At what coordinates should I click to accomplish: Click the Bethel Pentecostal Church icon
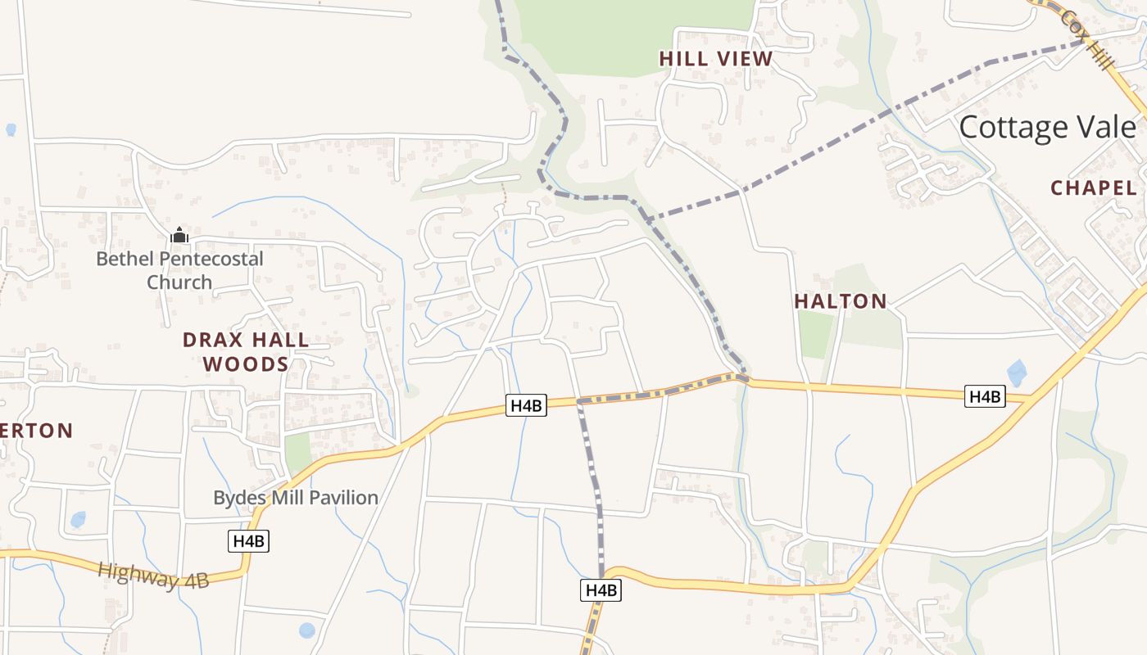pyautogui.click(x=179, y=236)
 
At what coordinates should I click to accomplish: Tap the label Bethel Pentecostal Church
pyautogui.click(x=179, y=270)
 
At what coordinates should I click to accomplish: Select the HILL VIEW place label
pyautogui.click(x=715, y=59)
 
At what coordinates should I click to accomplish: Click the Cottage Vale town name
pyautogui.click(x=1047, y=128)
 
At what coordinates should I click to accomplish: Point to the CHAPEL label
pyautogui.click(x=1094, y=187)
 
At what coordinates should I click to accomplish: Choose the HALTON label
pyautogui.click(x=841, y=301)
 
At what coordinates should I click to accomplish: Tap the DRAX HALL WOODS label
pyautogui.click(x=246, y=352)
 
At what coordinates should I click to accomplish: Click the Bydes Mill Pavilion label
pyautogui.click(x=295, y=497)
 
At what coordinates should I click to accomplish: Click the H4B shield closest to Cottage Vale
pyautogui.click(x=985, y=397)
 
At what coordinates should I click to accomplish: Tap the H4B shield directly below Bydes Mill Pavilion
pyautogui.click(x=248, y=541)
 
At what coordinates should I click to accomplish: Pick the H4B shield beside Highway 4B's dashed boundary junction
pyautogui.click(x=526, y=405)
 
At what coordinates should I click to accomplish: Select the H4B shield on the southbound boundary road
pyautogui.click(x=601, y=589)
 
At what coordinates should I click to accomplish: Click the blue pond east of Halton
pyautogui.click(x=1017, y=373)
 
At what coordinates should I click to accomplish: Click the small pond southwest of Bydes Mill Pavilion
pyautogui.click(x=78, y=519)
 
